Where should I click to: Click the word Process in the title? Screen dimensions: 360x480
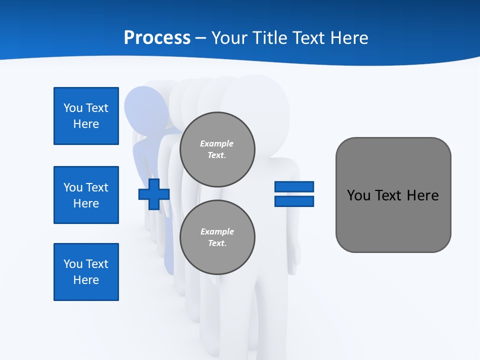click(157, 38)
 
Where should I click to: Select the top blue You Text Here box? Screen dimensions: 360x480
click(86, 116)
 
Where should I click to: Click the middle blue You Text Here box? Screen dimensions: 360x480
click(86, 195)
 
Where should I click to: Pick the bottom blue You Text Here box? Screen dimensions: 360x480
click(86, 272)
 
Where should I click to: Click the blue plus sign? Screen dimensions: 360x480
click(154, 194)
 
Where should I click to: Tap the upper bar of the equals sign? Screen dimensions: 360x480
click(294, 187)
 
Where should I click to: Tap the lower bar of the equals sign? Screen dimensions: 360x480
click(294, 201)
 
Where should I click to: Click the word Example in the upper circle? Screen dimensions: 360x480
click(217, 143)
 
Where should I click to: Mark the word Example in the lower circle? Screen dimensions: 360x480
click(217, 231)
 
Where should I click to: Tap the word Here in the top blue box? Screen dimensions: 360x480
click(86, 124)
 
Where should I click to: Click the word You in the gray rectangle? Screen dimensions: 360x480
click(358, 195)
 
